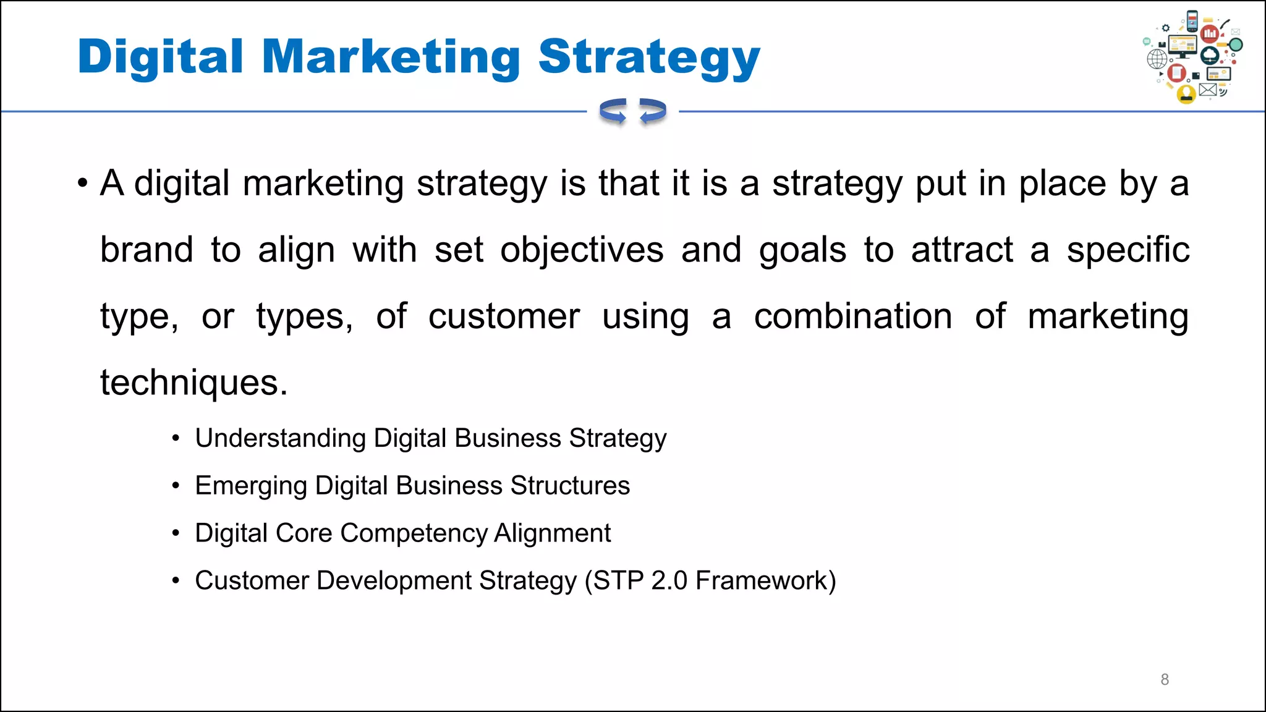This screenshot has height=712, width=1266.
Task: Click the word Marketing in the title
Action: (391, 57)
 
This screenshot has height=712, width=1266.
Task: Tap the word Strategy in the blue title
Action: (649, 57)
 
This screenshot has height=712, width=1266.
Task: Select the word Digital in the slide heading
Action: (161, 57)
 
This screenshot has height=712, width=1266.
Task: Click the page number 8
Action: (1165, 679)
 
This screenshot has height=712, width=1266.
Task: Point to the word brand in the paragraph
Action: (147, 250)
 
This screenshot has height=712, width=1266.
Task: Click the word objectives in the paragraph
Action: (582, 250)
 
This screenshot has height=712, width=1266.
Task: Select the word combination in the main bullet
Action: (853, 316)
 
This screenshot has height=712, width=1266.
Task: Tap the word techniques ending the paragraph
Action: (193, 383)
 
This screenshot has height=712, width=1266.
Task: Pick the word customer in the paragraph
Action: (504, 316)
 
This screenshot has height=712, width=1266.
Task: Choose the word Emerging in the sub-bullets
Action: (251, 486)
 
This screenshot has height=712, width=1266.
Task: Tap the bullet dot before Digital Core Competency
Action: (176, 533)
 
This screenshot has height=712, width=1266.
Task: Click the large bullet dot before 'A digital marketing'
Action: (83, 184)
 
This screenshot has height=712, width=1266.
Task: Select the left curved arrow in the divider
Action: (613, 112)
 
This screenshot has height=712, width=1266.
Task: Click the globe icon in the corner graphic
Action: (1157, 59)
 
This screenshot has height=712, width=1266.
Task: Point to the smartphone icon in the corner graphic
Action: (1192, 21)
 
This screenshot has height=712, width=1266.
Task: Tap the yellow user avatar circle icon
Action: (1186, 94)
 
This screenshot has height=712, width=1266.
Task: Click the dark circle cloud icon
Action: (1210, 56)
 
